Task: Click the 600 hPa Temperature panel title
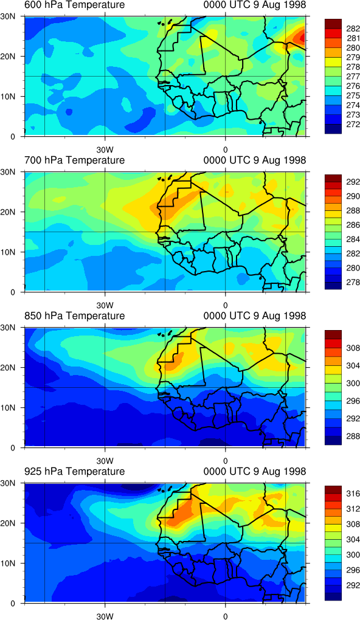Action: (x=75, y=5)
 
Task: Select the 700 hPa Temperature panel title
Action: (x=75, y=160)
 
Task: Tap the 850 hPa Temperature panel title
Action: (x=75, y=316)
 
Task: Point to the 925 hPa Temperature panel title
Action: (x=75, y=471)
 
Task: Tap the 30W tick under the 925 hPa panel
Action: (x=105, y=616)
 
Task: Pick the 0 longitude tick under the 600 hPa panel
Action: (x=225, y=150)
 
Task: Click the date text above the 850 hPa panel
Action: (x=255, y=316)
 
